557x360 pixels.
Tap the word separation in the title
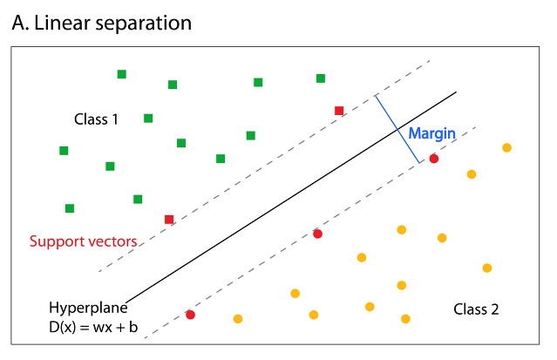click(x=142, y=24)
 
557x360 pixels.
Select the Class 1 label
click(x=96, y=119)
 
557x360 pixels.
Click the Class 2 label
click(x=476, y=309)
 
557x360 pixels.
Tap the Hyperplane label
click(x=88, y=308)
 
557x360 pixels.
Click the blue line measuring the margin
click(x=397, y=128)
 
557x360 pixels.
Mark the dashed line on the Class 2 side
click(x=262, y=264)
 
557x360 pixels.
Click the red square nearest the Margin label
click(x=339, y=111)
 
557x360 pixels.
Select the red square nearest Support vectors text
click(x=169, y=219)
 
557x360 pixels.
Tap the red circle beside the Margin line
click(x=434, y=159)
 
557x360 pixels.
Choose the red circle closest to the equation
click(x=190, y=315)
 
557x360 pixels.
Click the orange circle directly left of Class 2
click(x=405, y=319)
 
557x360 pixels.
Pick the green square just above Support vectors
click(x=70, y=208)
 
